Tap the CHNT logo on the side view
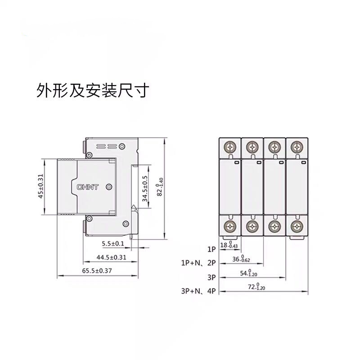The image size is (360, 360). coord(86,187)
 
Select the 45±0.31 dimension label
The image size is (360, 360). coord(40,186)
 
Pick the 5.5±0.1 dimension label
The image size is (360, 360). coord(112,244)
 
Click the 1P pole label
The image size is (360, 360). coord(212,248)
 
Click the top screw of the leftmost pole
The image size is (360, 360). coord(230,147)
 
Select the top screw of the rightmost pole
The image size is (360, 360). coord(296,147)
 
